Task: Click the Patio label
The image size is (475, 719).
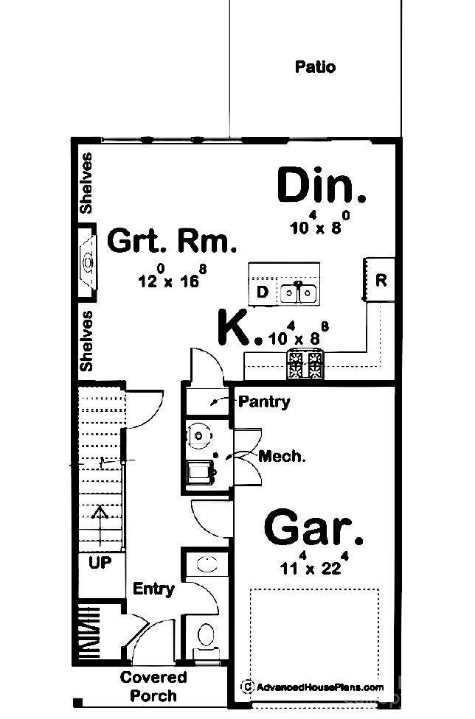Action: pos(315,67)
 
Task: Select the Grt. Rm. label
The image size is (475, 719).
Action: pos(172,241)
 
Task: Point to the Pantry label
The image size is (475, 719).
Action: pos(264,402)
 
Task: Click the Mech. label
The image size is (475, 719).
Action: pos(282,456)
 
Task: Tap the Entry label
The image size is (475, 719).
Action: pos(153,589)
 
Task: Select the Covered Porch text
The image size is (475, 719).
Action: pos(153,687)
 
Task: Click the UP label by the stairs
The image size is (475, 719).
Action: pos(100,563)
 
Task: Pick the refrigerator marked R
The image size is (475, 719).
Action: pos(380,280)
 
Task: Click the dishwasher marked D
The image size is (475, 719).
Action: pos(262,292)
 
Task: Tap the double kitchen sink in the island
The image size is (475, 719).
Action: pos(298,292)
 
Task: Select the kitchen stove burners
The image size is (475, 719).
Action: pos(305,365)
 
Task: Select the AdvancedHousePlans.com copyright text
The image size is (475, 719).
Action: pos(312,687)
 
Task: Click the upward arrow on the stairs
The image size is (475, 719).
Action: pos(100,525)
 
